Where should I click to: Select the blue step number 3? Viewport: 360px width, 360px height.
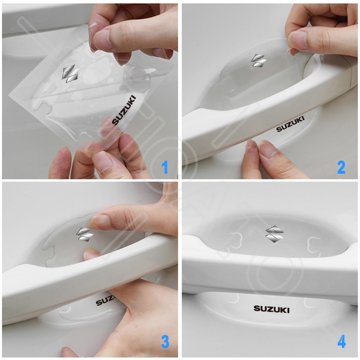coord(165,342)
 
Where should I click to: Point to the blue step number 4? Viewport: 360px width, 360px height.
coord(342,342)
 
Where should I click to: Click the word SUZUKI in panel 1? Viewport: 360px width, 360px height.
coord(124,110)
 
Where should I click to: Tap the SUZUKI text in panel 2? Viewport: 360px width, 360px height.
coord(290,124)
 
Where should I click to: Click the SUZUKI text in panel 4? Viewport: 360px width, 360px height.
coord(271,309)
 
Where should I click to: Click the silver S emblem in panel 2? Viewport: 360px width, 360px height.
coord(258,60)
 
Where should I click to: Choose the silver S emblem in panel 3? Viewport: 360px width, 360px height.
coord(85,234)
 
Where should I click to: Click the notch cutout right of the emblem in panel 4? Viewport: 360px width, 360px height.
coord(314,243)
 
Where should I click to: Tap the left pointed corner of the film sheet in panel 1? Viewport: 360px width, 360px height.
coord(9,96)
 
